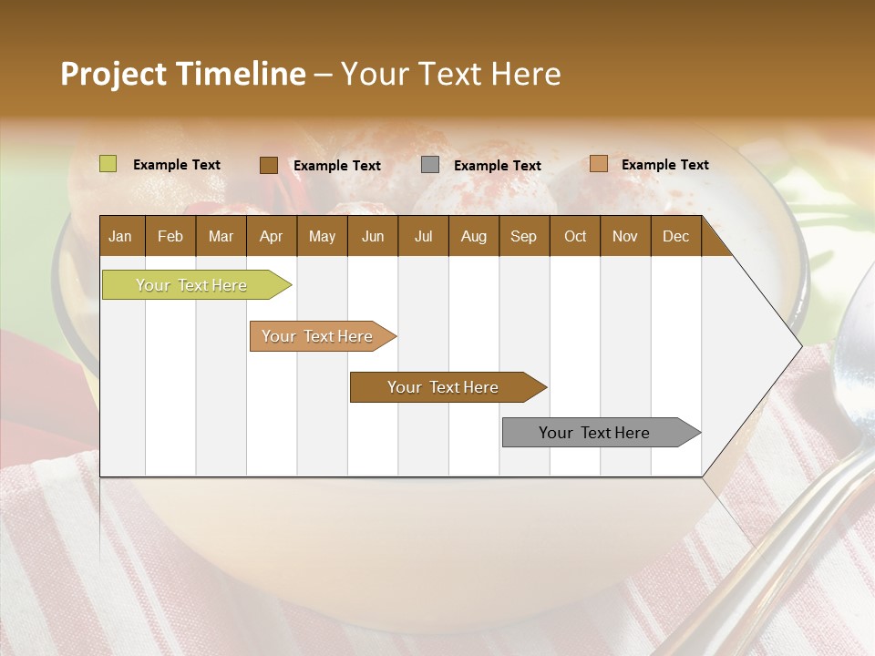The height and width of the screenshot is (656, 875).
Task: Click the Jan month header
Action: [120, 236]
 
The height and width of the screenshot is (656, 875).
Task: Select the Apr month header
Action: [271, 236]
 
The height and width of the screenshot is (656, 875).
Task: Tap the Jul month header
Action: [423, 236]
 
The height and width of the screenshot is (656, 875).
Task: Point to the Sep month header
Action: [523, 236]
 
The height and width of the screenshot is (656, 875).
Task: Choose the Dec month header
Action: [675, 236]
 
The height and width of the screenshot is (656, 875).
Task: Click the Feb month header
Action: [170, 236]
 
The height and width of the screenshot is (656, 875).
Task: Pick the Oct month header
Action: [575, 236]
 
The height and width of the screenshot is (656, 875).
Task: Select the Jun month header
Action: [373, 236]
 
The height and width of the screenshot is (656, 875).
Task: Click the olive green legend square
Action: [108, 164]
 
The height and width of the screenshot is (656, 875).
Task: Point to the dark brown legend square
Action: [269, 165]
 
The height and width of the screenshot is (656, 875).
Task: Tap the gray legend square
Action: [430, 165]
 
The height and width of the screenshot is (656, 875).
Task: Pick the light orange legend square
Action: [599, 164]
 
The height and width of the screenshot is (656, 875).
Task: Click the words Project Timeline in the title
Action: [182, 74]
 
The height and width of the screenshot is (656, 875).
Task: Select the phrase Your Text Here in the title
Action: [451, 74]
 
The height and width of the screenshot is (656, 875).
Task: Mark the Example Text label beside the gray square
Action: [497, 166]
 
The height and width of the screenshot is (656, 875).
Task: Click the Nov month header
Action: [625, 236]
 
